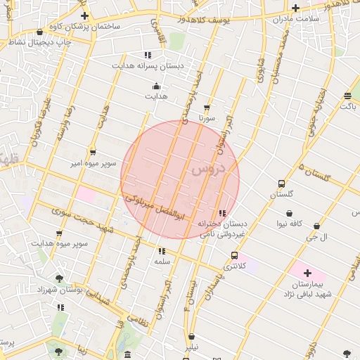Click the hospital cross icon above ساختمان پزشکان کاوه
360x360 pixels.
[85, 15]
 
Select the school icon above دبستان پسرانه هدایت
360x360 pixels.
[148, 55]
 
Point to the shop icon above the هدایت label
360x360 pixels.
[156, 86]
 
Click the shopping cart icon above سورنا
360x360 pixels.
[206, 108]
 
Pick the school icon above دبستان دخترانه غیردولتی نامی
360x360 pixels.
[222, 213]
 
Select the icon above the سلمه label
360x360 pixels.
[162, 250]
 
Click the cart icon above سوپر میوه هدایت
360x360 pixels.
[59, 233]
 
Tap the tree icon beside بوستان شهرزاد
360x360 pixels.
[59, 279]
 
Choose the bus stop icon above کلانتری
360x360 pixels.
[234, 256]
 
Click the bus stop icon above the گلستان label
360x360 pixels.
[281, 184]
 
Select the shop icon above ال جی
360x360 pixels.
[316, 226]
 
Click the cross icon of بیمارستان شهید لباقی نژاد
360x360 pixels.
[307, 272]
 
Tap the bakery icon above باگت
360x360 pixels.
[348, 96]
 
